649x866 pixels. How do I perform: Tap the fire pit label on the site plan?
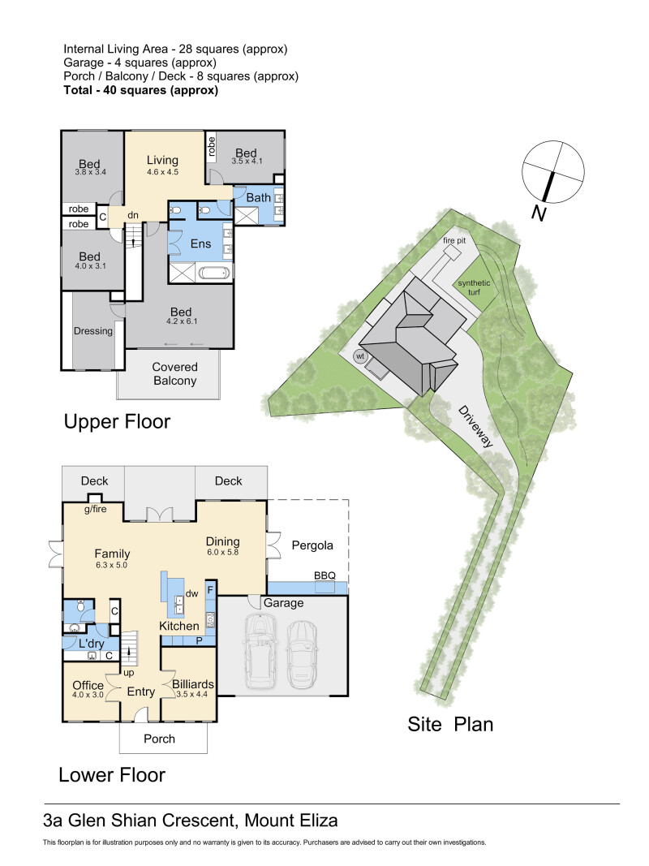454,241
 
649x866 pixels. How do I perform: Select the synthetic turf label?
474,287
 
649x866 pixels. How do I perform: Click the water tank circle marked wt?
360,356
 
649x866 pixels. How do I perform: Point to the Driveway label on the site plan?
475,426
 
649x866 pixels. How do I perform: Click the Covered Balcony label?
174,374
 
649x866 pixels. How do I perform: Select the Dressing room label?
93,331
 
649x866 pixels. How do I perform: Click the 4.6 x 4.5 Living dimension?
162,172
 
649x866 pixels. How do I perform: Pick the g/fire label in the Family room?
96,509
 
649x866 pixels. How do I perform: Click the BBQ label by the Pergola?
324,575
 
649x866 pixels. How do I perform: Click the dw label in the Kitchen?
191,594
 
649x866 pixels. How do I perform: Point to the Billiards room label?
192,684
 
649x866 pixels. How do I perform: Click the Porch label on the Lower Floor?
159,739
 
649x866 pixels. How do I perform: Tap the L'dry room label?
91,644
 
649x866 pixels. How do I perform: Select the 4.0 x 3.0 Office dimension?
88,695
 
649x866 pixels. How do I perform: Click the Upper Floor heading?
117,421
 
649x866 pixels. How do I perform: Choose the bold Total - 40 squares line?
140,90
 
